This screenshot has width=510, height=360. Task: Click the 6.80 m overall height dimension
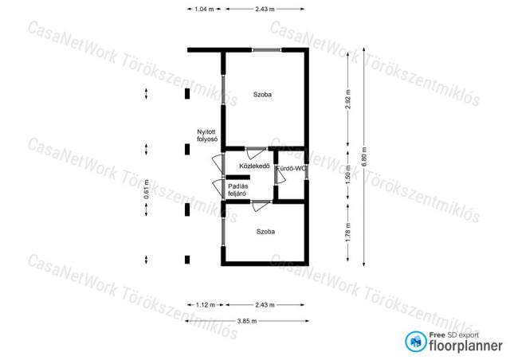[x=364, y=157]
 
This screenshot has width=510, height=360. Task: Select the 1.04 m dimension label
[x=204, y=9]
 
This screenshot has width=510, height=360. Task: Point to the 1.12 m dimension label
[x=206, y=305]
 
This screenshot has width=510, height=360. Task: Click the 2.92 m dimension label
[x=348, y=99]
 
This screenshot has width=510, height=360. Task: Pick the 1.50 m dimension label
[x=348, y=174]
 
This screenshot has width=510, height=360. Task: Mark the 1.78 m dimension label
[x=348, y=232]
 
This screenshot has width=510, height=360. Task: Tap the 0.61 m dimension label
[x=147, y=190]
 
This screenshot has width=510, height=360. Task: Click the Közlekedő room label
[x=254, y=166]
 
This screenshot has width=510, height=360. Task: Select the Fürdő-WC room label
[x=292, y=169]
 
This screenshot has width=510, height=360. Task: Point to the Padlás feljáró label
[x=237, y=190]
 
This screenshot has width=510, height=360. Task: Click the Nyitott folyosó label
[x=207, y=135]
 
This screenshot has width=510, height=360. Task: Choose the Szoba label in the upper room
[x=262, y=95]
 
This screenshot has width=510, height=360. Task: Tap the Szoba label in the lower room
[x=265, y=232]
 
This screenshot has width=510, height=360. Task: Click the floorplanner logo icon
[x=416, y=342]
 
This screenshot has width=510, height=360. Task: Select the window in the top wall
[x=267, y=50]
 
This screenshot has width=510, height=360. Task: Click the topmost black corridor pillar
[x=187, y=94]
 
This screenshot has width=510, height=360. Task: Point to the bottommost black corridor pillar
[x=187, y=260]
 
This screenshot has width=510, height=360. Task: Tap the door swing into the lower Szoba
[x=261, y=206]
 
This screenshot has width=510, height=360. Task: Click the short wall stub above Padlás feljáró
[x=237, y=178]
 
